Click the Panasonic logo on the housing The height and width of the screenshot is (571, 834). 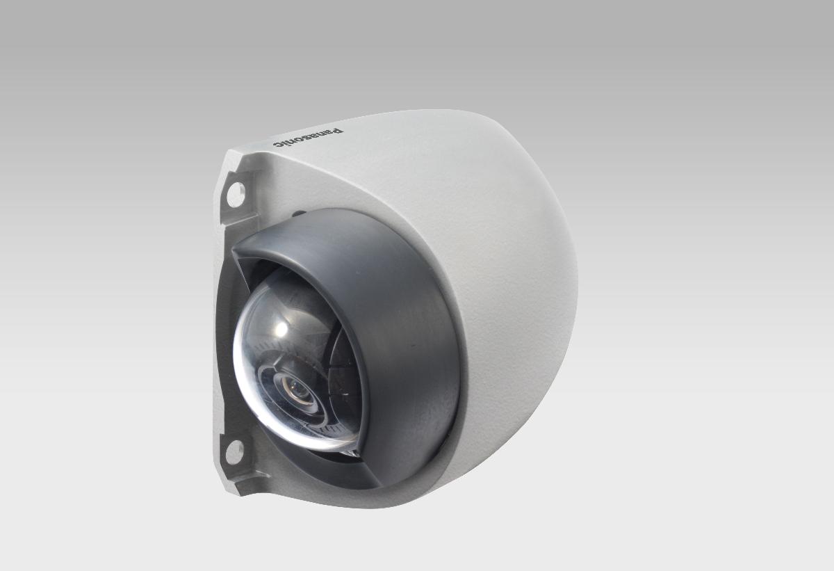(x=308, y=137)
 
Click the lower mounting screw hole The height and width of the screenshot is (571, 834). (x=234, y=451)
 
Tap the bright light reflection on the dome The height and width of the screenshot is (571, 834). (x=285, y=327)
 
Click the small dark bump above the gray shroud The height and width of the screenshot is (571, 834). (x=297, y=214)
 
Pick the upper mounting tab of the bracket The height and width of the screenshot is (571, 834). (x=234, y=188)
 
